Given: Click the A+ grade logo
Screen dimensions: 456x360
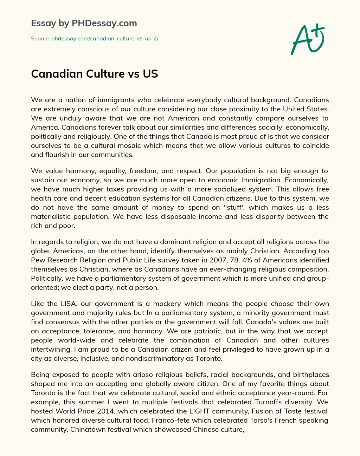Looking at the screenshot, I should point(307,39).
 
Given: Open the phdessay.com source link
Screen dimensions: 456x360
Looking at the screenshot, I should point(105,39).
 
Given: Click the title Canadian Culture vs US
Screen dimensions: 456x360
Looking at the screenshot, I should point(95,74).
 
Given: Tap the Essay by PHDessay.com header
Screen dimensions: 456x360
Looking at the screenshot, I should point(84,24).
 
